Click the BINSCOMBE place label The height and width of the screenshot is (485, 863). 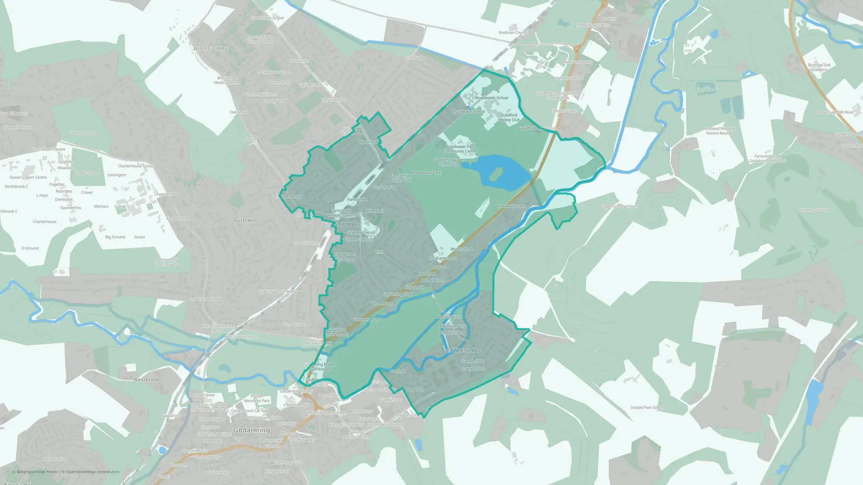click(211, 49)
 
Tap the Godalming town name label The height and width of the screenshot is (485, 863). click(252, 430)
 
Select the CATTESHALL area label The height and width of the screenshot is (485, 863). click(463, 350)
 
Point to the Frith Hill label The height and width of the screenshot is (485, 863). click(245, 220)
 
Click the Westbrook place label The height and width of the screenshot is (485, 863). click(146, 380)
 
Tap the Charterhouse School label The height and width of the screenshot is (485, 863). click(136, 166)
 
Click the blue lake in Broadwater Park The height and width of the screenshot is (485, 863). click(501, 172)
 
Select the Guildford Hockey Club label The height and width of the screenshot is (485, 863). click(509, 117)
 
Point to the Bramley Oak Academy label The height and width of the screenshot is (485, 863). click(819, 67)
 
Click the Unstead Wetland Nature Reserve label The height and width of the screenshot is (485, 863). click(719, 131)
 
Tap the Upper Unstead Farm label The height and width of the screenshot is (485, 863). click(619, 207)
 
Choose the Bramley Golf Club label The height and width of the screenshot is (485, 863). click(814, 210)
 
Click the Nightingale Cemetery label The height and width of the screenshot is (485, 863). click(277, 291)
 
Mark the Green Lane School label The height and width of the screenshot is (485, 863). click(268, 18)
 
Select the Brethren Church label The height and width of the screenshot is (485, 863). click(513, 33)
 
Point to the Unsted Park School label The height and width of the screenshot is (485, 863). click(647, 407)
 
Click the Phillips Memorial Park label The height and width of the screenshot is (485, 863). click(257, 398)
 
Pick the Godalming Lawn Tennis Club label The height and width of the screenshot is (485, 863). click(449, 162)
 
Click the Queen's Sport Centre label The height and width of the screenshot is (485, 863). click(28, 177)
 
